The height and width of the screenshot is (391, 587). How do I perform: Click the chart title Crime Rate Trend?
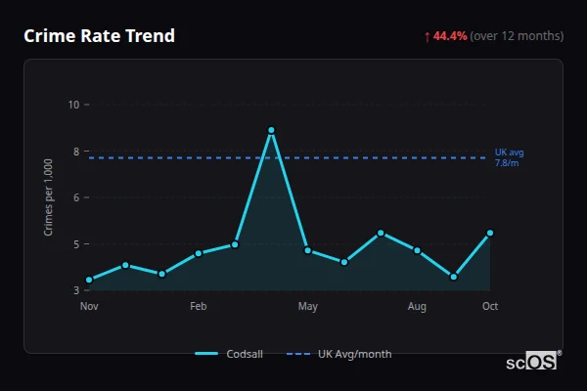pyautogui.click(x=99, y=36)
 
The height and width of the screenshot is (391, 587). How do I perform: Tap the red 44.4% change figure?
pyautogui.click(x=451, y=36)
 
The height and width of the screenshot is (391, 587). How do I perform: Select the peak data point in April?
pyautogui.click(x=271, y=130)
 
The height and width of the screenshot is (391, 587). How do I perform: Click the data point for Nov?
pyautogui.click(x=89, y=280)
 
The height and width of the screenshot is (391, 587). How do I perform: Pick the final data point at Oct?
pyautogui.click(x=489, y=233)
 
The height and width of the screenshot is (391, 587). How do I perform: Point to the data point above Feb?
pyautogui.click(x=199, y=253)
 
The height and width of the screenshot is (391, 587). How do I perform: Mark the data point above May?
pyautogui.click(x=308, y=250)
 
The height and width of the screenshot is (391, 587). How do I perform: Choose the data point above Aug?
pyautogui.click(x=417, y=250)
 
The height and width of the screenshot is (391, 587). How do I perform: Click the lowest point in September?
pyautogui.click(x=453, y=277)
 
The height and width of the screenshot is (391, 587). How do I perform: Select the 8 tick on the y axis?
pyautogui.click(x=74, y=152)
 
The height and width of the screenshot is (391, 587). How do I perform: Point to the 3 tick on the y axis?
pyautogui.click(x=74, y=290)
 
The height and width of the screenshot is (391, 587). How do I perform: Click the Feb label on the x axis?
pyautogui.click(x=199, y=307)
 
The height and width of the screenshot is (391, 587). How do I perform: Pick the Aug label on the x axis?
pyautogui.click(x=417, y=307)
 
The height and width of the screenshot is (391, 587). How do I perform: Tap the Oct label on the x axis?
pyautogui.click(x=490, y=307)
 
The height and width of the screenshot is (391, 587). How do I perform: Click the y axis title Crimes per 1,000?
pyautogui.click(x=49, y=197)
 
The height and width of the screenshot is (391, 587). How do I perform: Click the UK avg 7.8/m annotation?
pyautogui.click(x=509, y=157)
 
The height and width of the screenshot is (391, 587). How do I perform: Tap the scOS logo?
pyautogui.click(x=532, y=362)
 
